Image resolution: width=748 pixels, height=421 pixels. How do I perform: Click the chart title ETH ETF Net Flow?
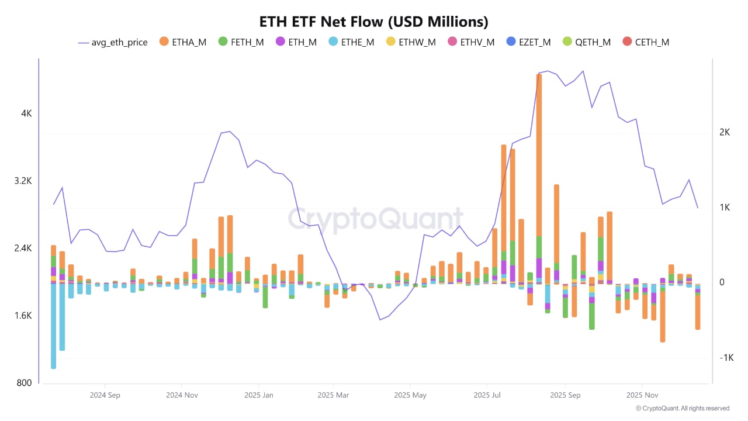click(373, 22)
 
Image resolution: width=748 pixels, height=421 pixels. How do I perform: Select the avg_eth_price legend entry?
click(113, 42)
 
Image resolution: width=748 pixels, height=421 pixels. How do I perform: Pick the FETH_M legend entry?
click(241, 42)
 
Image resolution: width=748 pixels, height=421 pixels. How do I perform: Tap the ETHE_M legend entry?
click(351, 42)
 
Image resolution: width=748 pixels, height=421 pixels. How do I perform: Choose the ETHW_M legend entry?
click(411, 42)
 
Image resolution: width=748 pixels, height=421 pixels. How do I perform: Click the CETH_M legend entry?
click(645, 42)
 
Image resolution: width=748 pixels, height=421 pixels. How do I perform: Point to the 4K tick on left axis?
click(26, 113)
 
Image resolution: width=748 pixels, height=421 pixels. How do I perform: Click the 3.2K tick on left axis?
click(23, 181)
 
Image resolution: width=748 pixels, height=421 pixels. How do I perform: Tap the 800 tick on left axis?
click(24, 383)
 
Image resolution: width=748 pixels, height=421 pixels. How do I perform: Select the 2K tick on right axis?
click(725, 132)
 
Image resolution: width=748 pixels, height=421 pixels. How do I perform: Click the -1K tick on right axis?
click(726, 358)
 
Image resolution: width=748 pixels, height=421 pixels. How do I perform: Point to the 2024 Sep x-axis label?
click(105, 395)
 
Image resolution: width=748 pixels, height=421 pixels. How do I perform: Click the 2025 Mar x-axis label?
click(334, 395)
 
